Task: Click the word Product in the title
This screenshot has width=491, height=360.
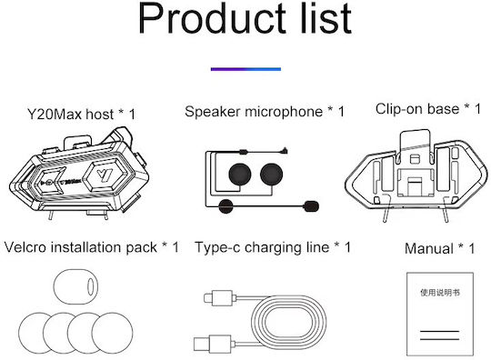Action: click(212, 18)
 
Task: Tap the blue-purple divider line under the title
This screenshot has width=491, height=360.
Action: click(245, 69)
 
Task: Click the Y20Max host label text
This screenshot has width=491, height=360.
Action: click(82, 115)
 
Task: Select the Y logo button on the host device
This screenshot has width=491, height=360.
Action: click(105, 175)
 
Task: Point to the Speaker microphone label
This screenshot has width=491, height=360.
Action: click(265, 112)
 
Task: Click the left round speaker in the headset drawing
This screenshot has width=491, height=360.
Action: click(240, 174)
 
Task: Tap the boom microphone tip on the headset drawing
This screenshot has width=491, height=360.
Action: click(311, 206)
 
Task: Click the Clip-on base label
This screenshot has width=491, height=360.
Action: click(427, 109)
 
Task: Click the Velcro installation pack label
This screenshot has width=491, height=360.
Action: click(92, 247)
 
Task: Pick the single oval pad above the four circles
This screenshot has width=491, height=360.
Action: click(75, 286)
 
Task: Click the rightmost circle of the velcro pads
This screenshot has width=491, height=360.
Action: click(113, 333)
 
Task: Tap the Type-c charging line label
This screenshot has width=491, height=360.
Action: click(273, 247)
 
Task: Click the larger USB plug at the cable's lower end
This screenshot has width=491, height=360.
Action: click(213, 344)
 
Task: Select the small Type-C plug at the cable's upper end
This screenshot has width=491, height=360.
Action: click(218, 297)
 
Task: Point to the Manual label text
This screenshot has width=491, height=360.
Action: click(439, 249)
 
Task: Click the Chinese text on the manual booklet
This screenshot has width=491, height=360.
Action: click(440, 293)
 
